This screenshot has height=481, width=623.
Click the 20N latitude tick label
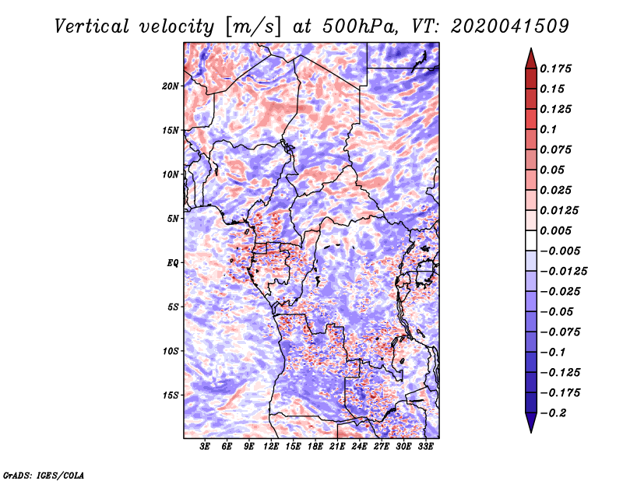171,86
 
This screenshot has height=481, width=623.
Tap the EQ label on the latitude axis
172,263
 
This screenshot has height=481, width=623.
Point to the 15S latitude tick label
171,395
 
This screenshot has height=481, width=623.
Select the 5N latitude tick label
173,219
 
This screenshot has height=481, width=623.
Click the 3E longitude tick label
205,446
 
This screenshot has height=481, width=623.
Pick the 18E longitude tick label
315,446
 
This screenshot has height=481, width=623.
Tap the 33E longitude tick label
425,446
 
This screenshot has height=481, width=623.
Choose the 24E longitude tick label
359,446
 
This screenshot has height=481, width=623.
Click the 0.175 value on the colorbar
555,68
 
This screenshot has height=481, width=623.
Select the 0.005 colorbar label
555,230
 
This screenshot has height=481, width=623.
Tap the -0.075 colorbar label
561,332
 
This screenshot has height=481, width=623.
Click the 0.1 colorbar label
548,129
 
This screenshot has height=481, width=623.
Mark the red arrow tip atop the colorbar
531,48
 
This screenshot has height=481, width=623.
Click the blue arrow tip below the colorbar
531,432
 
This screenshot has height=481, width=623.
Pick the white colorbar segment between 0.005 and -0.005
531,240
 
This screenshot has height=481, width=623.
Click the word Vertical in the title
92,26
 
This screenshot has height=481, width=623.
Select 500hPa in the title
359,26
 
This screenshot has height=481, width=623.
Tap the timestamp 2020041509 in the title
509,26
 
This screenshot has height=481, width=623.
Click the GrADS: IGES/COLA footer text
44,475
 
